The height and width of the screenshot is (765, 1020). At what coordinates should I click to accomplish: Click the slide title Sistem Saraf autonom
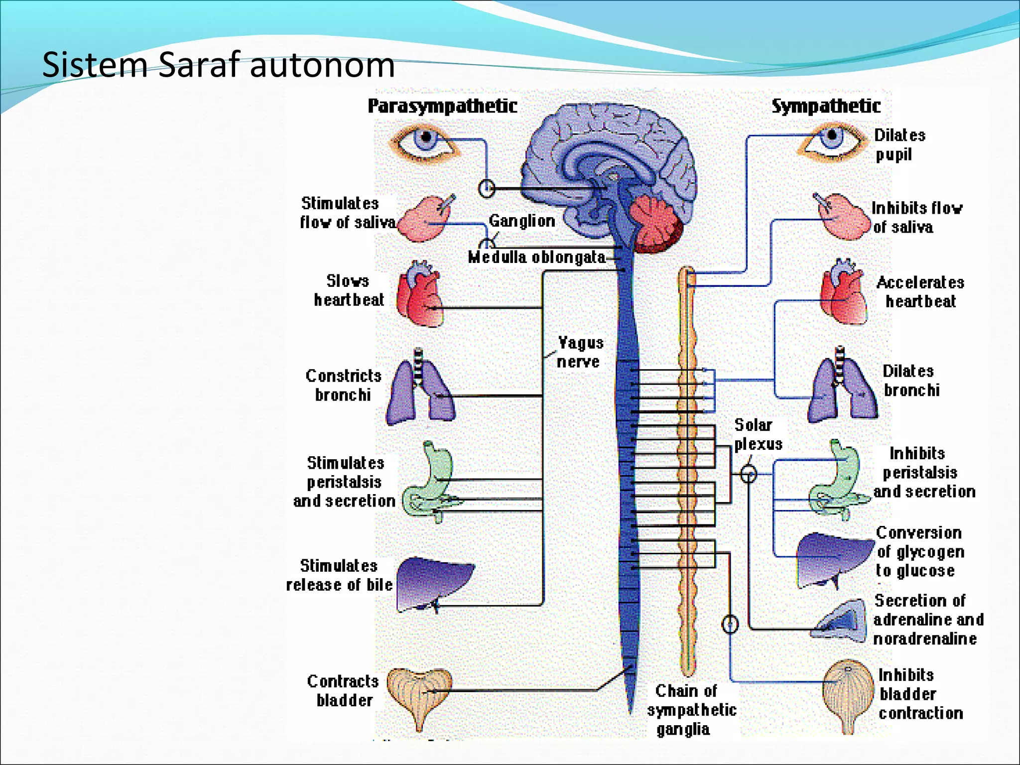click(218, 65)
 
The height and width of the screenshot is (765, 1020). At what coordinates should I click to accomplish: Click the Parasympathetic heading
click(442, 106)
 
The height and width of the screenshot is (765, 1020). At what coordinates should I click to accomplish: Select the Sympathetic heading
click(826, 106)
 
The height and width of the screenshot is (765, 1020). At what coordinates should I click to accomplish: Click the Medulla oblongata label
click(536, 257)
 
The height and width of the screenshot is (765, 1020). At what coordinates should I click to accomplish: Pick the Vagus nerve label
click(579, 352)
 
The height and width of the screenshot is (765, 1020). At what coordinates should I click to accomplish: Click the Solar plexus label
click(757, 434)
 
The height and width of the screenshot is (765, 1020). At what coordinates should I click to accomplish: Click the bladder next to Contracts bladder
click(419, 695)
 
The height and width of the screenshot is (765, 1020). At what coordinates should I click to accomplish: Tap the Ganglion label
click(521, 221)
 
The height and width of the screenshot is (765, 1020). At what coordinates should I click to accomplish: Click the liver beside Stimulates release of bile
click(433, 583)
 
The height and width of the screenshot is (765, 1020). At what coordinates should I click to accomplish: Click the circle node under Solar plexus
click(748, 474)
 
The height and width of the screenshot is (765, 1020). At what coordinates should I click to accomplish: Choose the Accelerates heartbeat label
click(920, 292)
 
